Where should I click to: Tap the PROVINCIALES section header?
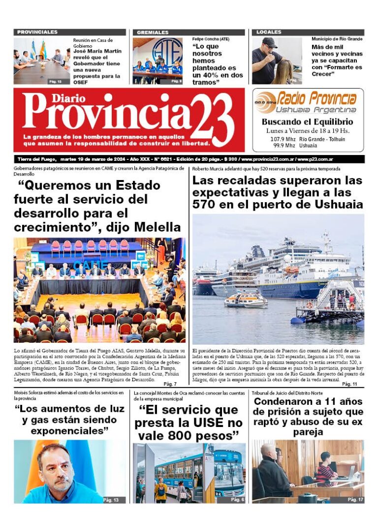click(37, 32)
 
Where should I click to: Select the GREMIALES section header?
click(153, 32)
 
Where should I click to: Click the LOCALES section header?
click(269, 32)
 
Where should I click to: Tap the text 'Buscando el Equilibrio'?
click(307, 122)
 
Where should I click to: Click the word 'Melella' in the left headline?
click(156, 227)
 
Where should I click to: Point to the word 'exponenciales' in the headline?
click(69, 430)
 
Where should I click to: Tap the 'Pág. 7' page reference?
click(170, 384)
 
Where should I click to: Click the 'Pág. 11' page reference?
click(349, 384)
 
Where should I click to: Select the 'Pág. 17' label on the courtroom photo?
click(355, 499)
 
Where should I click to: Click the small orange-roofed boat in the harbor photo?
click(246, 299)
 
